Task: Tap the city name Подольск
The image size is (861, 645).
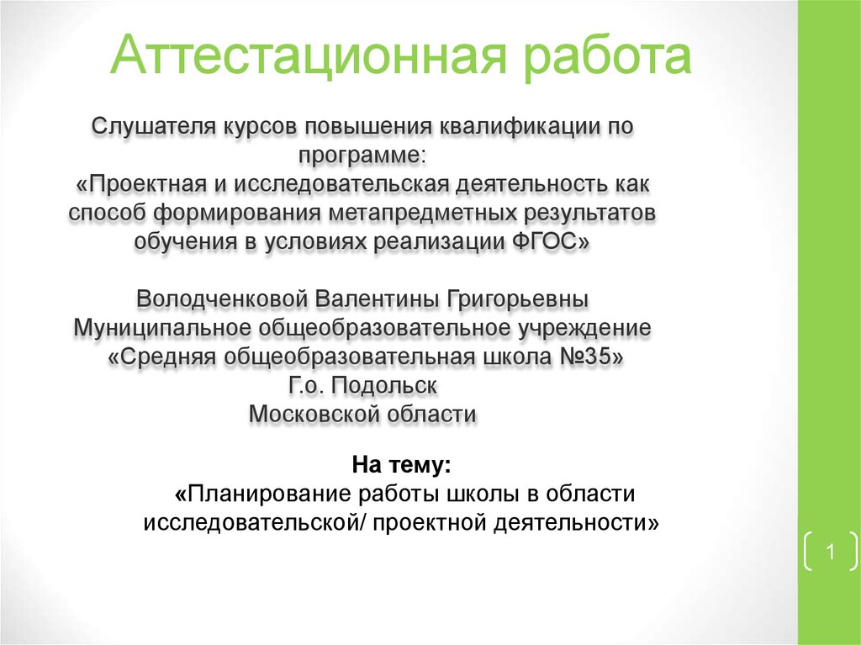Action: click(x=383, y=385)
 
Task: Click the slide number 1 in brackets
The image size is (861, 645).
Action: click(x=829, y=553)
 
